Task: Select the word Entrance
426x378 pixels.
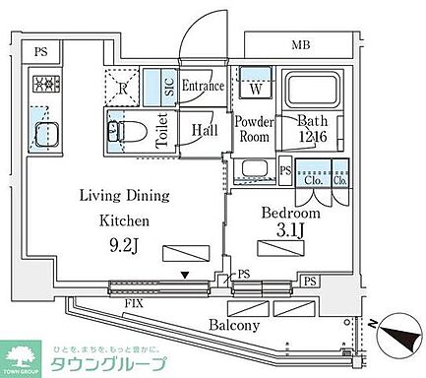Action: (x=203, y=87)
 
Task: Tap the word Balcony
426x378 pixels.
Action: (x=233, y=325)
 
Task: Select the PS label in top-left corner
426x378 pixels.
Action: (x=39, y=51)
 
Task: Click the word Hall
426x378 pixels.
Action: (x=205, y=130)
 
